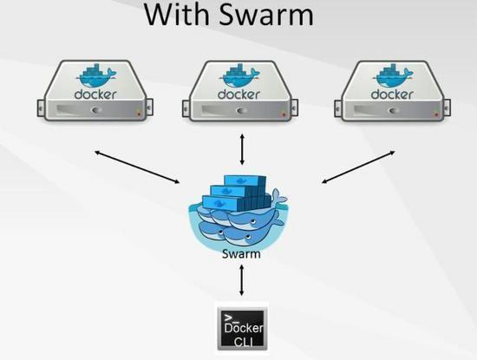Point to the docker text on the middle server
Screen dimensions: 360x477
pyautogui.click(x=239, y=93)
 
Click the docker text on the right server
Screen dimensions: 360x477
pyautogui.click(x=392, y=93)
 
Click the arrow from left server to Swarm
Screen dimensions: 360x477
pyautogui.click(x=138, y=167)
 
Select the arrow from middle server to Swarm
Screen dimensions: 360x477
pyautogui.click(x=242, y=150)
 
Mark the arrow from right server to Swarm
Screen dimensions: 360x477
pyautogui.click(x=357, y=167)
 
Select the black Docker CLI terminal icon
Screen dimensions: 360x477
pyautogui.click(x=242, y=327)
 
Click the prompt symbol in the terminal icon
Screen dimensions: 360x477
pyautogui.click(x=230, y=314)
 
